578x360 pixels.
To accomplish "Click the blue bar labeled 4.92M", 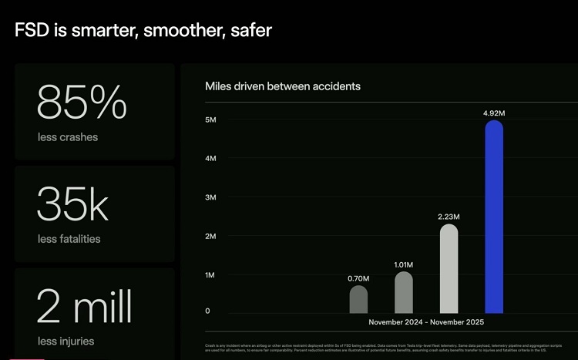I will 493,217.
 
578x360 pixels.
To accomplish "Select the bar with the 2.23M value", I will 449,269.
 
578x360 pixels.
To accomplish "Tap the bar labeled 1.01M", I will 404,292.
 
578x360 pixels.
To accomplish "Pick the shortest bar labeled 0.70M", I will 359,299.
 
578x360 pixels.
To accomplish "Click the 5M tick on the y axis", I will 210,119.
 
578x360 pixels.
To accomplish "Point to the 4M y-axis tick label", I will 210,158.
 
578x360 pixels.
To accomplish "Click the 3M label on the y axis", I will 210,197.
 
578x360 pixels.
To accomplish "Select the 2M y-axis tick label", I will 210,236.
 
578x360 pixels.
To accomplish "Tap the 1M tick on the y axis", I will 210,275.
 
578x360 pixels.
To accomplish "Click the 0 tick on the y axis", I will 207,311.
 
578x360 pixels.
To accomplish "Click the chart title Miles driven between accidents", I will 282,86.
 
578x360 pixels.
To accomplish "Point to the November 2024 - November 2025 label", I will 426,322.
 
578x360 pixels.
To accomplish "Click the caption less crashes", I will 68,137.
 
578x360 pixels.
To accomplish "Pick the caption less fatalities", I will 69,239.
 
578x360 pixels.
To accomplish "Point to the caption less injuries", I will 67,341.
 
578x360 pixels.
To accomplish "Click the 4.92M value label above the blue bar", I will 494,113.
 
